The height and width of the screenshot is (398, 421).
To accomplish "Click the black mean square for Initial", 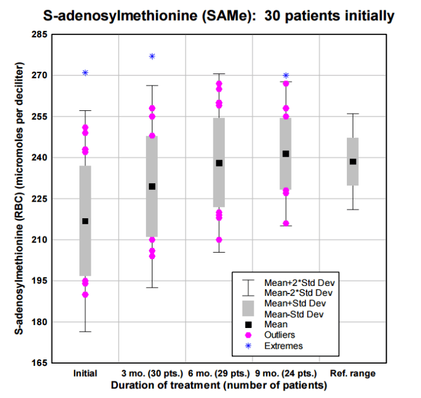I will [x=85, y=221].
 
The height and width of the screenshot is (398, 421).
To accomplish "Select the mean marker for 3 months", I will [x=152, y=186].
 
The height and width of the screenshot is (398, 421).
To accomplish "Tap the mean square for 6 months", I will [x=219, y=163].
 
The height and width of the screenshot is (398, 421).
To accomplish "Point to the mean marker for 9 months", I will [x=286, y=154].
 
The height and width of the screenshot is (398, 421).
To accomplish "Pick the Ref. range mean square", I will [x=353, y=161].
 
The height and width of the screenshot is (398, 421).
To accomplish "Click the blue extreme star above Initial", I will [x=85, y=73].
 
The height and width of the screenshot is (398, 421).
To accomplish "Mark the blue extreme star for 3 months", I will [x=152, y=56].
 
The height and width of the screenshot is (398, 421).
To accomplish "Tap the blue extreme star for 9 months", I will [x=286, y=76].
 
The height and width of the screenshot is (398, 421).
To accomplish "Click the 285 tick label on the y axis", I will [x=39, y=35].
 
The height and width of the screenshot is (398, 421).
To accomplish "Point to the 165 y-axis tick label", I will [x=39, y=363].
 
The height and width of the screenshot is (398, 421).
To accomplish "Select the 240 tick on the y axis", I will [x=39, y=158].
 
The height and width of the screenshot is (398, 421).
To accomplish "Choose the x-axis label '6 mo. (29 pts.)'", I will [x=219, y=374].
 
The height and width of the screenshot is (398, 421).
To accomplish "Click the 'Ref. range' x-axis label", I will [x=353, y=374].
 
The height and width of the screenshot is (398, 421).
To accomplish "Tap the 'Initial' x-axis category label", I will [x=85, y=374].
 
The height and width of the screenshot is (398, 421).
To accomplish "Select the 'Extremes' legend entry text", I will [x=283, y=346].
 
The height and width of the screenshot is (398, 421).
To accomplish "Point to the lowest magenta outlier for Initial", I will [x=85, y=295].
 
